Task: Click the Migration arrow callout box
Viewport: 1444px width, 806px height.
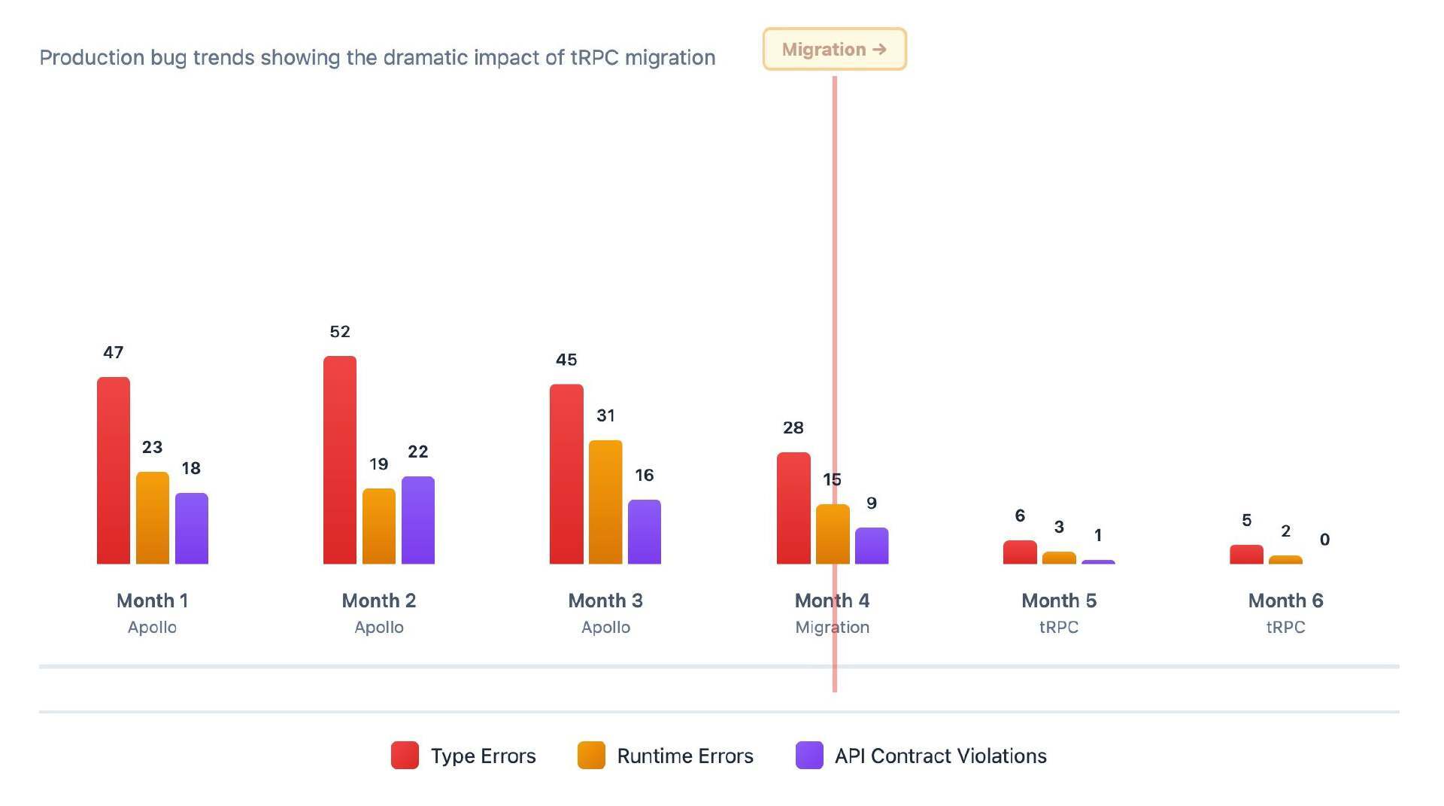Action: pyautogui.click(x=834, y=50)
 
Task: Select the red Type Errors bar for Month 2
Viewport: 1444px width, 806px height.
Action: pyautogui.click(x=340, y=460)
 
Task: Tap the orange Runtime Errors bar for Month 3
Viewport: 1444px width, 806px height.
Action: pyautogui.click(x=605, y=502)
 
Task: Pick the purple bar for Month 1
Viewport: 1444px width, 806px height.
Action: pyautogui.click(x=192, y=528)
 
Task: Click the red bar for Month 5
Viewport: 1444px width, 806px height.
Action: pyautogui.click(x=1020, y=552)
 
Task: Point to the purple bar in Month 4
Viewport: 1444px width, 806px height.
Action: pyautogui.click(x=872, y=546)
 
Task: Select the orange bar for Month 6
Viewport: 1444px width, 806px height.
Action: pyautogui.click(x=1285, y=560)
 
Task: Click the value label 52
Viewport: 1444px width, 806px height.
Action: pyautogui.click(x=340, y=332)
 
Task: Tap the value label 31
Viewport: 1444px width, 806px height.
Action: pyautogui.click(x=605, y=415)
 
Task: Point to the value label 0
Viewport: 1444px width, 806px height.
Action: pyautogui.click(x=1324, y=540)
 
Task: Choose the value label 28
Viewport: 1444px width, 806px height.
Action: pyautogui.click(x=793, y=428)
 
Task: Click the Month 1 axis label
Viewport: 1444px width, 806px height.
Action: pyautogui.click(x=152, y=601)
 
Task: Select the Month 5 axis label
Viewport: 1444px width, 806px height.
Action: pyautogui.click(x=1059, y=601)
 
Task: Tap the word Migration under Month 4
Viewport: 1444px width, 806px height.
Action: pyautogui.click(x=833, y=627)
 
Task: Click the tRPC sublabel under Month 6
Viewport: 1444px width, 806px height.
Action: pyautogui.click(x=1285, y=627)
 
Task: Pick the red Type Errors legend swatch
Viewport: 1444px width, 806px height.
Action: pyautogui.click(x=405, y=756)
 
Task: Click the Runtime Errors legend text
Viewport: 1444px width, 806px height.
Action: pyautogui.click(x=685, y=756)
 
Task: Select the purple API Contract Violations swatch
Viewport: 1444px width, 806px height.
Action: pyautogui.click(x=809, y=756)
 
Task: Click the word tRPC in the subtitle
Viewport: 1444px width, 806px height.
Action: pyautogui.click(x=595, y=58)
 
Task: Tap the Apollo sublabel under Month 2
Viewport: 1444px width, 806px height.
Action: pyautogui.click(x=379, y=627)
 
